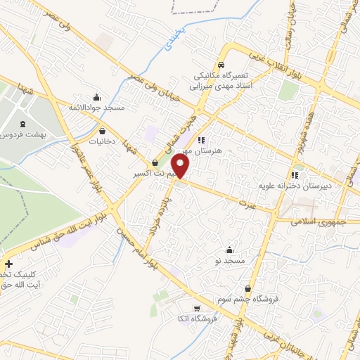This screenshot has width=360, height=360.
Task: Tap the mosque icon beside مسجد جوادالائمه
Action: pyautogui.click(x=96, y=97)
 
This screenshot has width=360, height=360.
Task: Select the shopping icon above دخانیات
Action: pyautogui.click(x=103, y=130)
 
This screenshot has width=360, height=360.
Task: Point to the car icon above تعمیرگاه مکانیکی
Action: pyautogui.click(x=221, y=65)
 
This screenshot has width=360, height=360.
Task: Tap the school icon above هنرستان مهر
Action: pyautogui.click(x=202, y=139)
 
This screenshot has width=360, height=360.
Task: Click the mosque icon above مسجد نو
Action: pyautogui.click(x=229, y=250)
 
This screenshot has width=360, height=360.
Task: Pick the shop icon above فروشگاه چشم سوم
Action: pyautogui.click(x=247, y=289)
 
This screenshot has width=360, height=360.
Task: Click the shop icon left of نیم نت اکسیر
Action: pyautogui.click(x=155, y=162)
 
